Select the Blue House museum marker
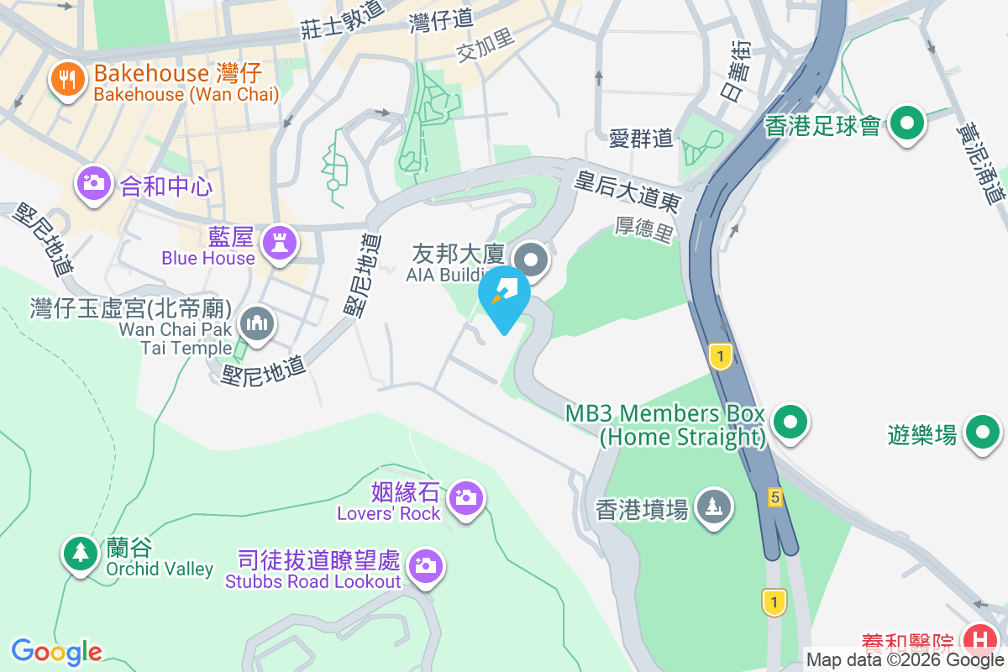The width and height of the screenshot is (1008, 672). click(x=277, y=243)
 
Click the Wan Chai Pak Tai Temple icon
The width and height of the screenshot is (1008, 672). click(x=256, y=323)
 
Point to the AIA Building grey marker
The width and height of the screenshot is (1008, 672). click(x=531, y=259)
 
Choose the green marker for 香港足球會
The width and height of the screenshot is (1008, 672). click(x=906, y=124)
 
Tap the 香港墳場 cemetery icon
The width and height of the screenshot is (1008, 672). click(x=714, y=507)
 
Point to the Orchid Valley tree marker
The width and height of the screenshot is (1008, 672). click(x=81, y=553)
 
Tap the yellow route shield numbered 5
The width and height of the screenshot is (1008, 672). click(x=774, y=498)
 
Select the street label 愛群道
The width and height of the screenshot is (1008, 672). click(x=642, y=139)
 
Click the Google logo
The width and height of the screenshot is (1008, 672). click(x=56, y=651)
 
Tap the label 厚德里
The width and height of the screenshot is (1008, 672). click(x=645, y=228)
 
